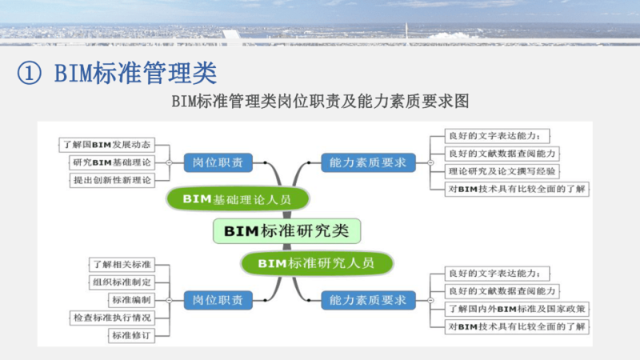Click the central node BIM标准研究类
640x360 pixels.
[286, 231]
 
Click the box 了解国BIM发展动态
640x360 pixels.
[106, 145]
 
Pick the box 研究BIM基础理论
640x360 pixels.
[111, 162]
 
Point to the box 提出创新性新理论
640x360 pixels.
[111, 180]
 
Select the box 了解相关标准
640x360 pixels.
[120, 263]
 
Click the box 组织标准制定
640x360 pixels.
[120, 282]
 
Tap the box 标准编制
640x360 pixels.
[130, 300]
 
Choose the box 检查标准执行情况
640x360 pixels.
[111, 318]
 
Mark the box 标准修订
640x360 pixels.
[130, 336]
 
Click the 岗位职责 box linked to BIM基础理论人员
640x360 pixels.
[218, 162]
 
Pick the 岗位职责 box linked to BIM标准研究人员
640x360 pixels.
[218, 300]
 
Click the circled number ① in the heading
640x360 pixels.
[29, 73]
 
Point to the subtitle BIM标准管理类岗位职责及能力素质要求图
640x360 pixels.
[320, 102]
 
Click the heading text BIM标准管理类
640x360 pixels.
[135, 73]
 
